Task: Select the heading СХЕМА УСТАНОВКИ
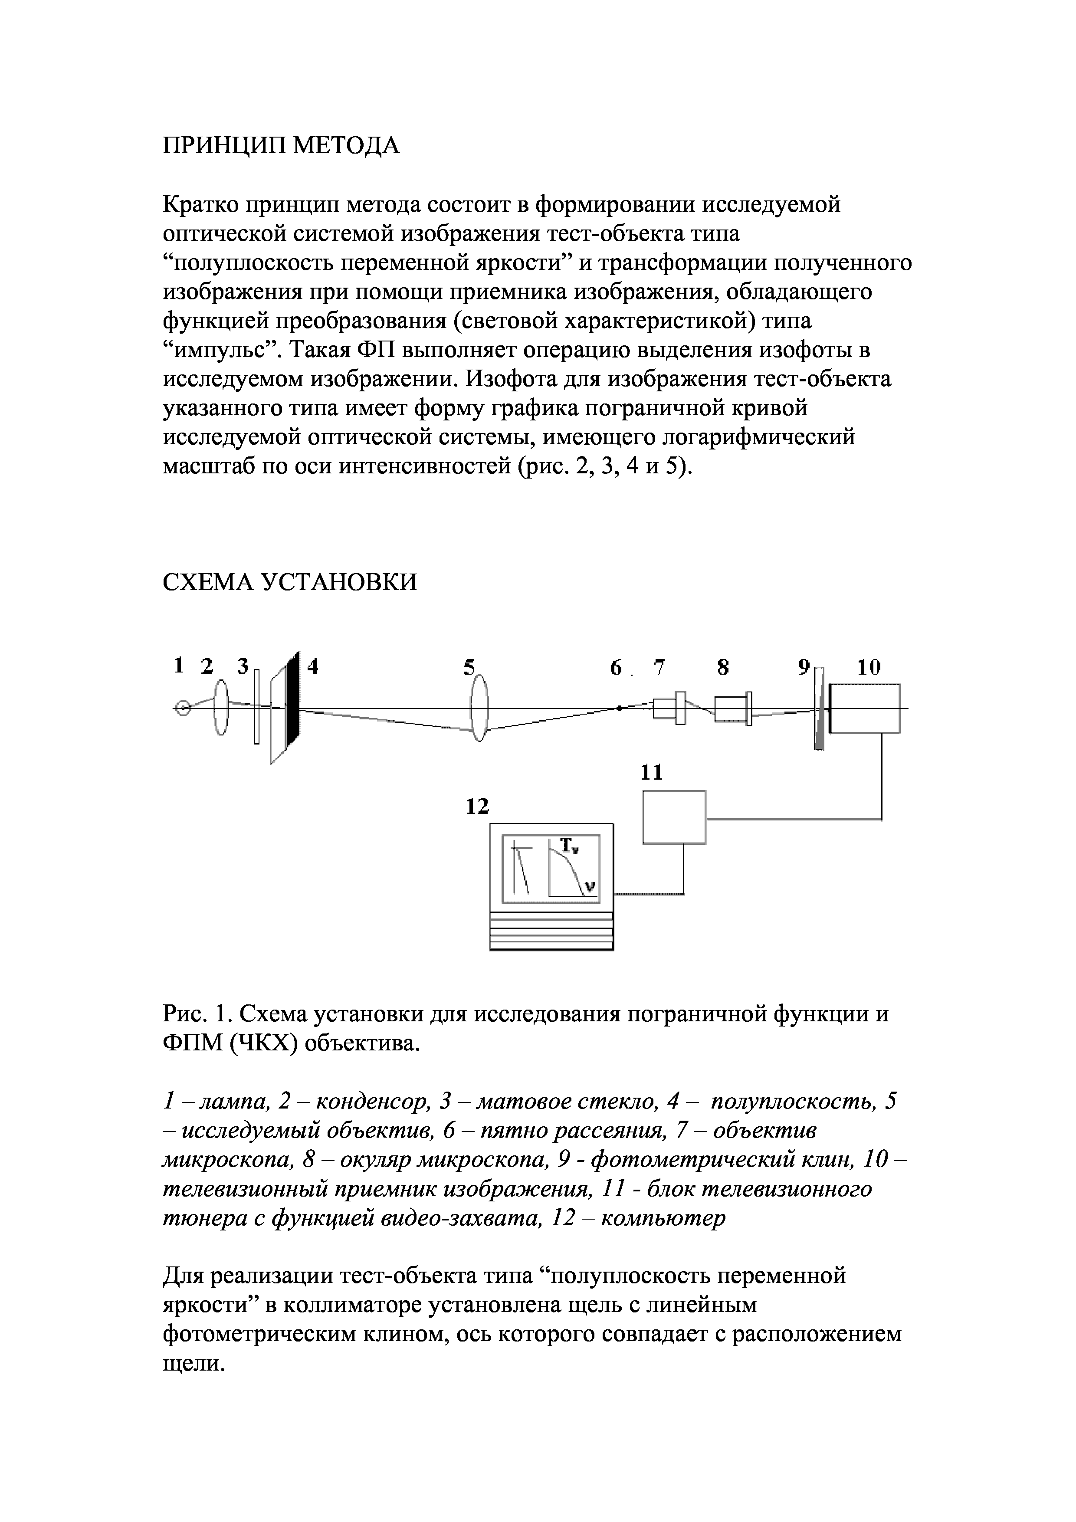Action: [290, 582]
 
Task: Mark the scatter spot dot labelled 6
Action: [618, 708]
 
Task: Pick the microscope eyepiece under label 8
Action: [732, 708]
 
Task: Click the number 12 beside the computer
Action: [477, 807]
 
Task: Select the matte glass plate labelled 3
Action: [256, 707]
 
